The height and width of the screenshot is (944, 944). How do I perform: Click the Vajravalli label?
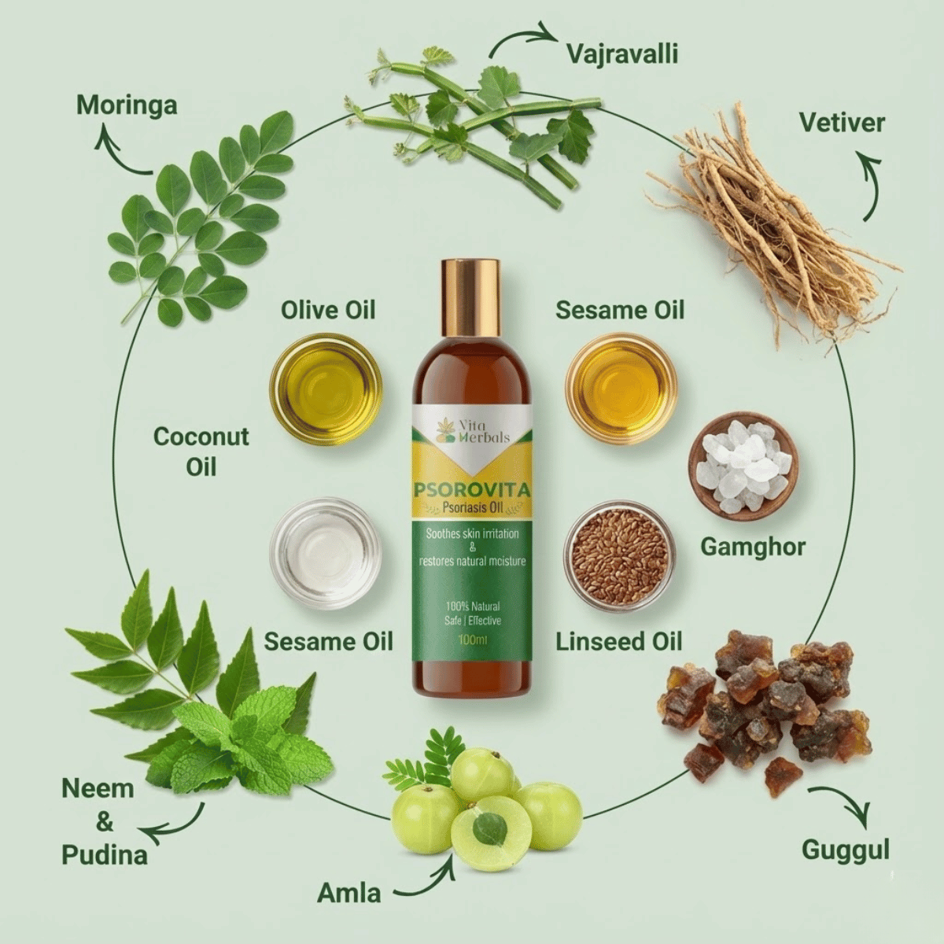pyautogui.click(x=622, y=54)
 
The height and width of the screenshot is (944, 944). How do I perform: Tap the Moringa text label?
pyautogui.click(x=127, y=107)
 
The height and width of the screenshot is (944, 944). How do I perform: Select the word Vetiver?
pyautogui.click(x=842, y=123)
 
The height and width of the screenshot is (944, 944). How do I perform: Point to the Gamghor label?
pyautogui.click(x=753, y=548)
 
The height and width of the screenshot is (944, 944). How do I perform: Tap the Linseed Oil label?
pyautogui.click(x=619, y=641)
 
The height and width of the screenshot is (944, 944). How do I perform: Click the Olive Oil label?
pyautogui.click(x=328, y=310)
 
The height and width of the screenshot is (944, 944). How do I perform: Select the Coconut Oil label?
pyautogui.click(x=201, y=451)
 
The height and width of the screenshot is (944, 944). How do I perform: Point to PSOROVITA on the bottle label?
pyautogui.click(x=473, y=489)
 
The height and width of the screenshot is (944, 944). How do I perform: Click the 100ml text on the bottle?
pyautogui.click(x=472, y=639)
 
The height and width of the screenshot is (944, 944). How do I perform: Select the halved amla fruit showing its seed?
pyautogui.click(x=490, y=828)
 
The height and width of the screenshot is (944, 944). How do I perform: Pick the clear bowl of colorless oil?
pyautogui.click(x=326, y=554)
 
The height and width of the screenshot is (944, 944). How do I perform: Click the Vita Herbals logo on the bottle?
pyautogui.click(x=473, y=431)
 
